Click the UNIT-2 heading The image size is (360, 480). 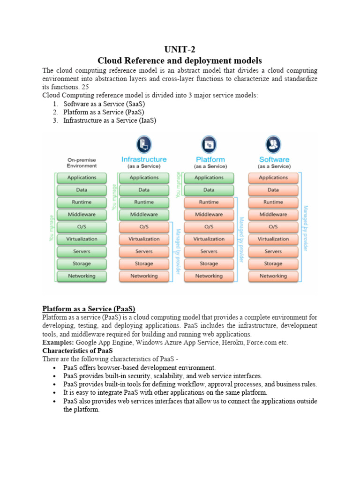point(180,50)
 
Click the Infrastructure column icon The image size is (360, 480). point(143,143)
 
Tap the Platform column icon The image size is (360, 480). point(209,143)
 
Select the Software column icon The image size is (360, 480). point(273,143)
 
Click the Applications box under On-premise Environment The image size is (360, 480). point(82,178)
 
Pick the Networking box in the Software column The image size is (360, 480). point(273,276)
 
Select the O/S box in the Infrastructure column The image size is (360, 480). point(144,227)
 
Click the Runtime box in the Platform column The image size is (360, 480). point(209,202)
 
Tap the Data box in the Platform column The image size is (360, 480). point(209,190)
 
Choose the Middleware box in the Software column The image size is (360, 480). point(273,215)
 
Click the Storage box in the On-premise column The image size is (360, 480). point(82,264)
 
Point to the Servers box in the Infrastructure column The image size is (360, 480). point(144,252)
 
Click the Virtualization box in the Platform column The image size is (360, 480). point(209,239)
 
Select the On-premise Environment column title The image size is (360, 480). point(82,163)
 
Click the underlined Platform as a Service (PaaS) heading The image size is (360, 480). point(89,308)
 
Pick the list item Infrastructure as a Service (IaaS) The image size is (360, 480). point(109,120)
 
